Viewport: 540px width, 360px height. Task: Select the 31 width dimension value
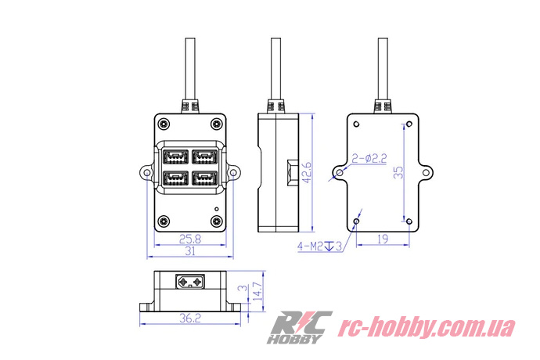coord(190,252)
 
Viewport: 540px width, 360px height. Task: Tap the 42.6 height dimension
coord(308,171)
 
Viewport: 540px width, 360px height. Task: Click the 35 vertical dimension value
coord(398,171)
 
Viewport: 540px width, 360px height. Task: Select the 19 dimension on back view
coord(382,239)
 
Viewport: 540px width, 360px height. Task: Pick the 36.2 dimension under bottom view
coord(190,319)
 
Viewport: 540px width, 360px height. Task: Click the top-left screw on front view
coord(164,123)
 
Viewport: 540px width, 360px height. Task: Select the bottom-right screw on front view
coord(216,220)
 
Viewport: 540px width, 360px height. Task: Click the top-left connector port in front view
coord(176,157)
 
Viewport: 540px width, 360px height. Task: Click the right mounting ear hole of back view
coord(428,171)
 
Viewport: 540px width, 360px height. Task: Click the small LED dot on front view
coord(217,208)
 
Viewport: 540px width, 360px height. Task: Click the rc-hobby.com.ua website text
coord(426,327)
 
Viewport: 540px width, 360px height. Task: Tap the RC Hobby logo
coord(300,328)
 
